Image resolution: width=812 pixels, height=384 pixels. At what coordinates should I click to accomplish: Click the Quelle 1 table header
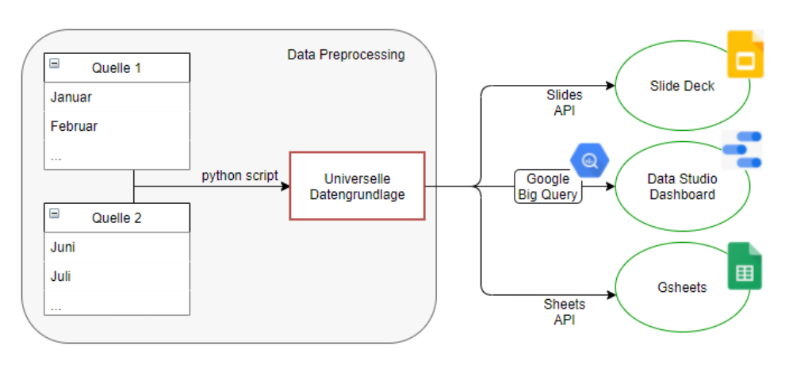click(117, 67)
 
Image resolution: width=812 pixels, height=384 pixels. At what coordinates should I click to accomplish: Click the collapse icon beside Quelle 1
click(55, 64)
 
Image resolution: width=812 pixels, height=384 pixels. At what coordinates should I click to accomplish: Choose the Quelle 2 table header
click(117, 217)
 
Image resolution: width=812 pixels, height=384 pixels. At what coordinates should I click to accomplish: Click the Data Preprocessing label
click(346, 55)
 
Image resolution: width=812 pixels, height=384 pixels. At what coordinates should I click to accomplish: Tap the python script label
click(239, 175)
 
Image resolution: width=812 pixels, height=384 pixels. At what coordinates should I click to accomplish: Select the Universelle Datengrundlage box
click(358, 186)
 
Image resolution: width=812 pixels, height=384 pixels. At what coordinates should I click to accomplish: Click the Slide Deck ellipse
click(682, 86)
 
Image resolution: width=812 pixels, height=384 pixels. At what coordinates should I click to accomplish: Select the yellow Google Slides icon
click(745, 55)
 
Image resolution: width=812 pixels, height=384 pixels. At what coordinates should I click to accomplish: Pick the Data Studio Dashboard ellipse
click(682, 187)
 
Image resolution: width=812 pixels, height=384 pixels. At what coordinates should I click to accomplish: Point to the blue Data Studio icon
click(743, 150)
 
